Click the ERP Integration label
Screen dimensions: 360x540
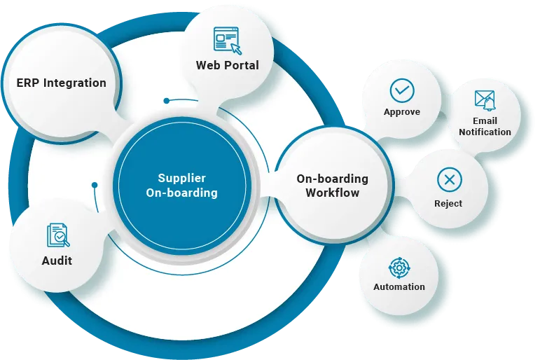[62, 83]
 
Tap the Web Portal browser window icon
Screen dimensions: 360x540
[227, 39]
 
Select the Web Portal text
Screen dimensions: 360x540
[227, 65]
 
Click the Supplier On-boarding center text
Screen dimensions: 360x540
[181, 186]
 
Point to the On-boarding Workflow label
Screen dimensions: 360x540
[332, 186]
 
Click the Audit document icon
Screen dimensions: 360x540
[57, 235]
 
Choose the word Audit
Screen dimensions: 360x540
[57, 261]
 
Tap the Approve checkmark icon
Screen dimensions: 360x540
[402, 90]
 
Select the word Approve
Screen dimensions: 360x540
[402, 112]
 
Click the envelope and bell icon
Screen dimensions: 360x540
[485, 101]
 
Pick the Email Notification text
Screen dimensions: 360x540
[485, 126]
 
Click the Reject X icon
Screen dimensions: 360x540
[449, 180]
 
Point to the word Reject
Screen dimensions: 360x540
[448, 203]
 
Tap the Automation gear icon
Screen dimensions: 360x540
[399, 267]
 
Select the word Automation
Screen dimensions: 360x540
[399, 286]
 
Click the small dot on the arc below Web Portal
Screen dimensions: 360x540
[166, 101]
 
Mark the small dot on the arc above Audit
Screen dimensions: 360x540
[94, 185]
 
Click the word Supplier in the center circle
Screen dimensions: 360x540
[181, 179]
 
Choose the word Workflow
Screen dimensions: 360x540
[332, 193]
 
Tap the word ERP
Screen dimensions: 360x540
[29, 83]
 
